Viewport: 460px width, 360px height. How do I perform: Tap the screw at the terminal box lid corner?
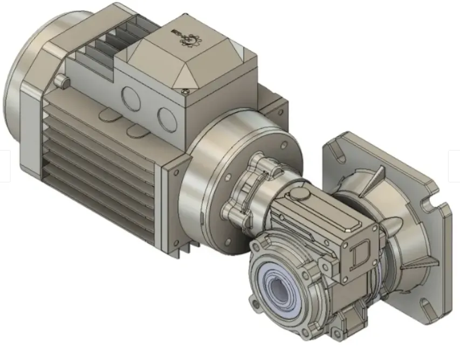coord(186,91)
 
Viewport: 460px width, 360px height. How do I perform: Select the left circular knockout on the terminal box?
coord(130,97)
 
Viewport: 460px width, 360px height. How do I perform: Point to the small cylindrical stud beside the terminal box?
coord(64,81)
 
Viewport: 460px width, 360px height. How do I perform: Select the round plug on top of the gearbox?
coord(298,195)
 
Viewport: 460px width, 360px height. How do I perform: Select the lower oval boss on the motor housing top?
coord(132,130)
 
